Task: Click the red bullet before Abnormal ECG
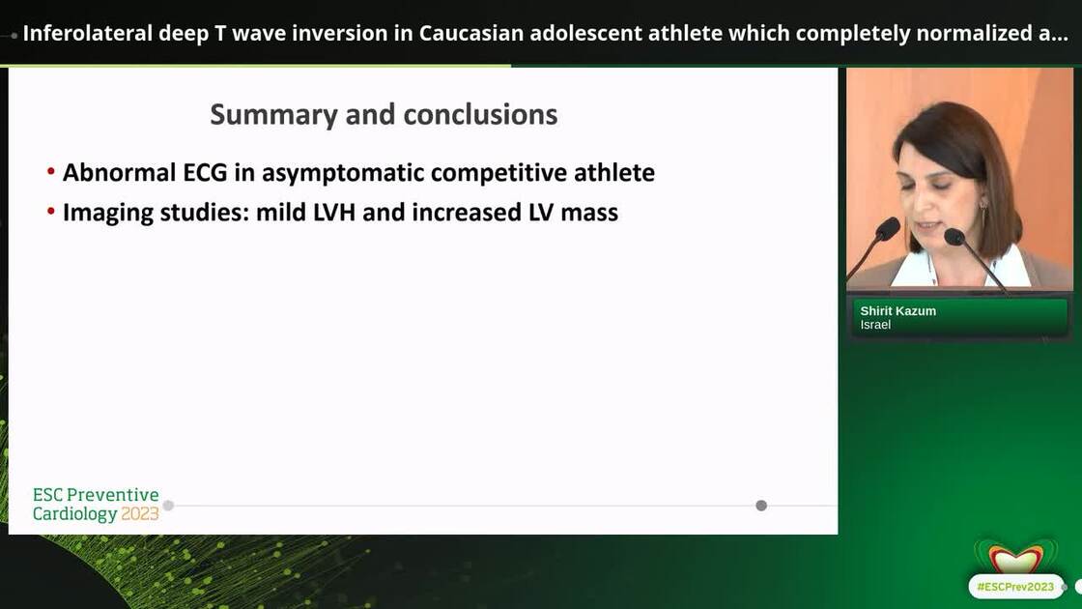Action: coord(50,172)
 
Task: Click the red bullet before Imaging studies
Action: coord(50,211)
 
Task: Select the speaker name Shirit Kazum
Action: coord(897,311)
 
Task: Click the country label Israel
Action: coord(875,325)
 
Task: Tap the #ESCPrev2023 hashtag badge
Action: coord(1014,587)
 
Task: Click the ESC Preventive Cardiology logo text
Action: coord(96,496)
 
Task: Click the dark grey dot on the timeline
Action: coord(761,506)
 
